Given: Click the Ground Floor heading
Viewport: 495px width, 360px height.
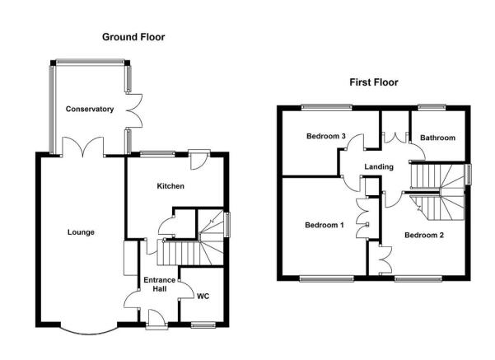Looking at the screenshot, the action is [x=133, y=37].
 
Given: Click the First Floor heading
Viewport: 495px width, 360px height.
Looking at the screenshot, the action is [x=374, y=82].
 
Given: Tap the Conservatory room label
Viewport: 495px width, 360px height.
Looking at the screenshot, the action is [x=90, y=110].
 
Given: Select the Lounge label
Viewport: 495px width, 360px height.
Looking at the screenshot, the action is [x=81, y=232].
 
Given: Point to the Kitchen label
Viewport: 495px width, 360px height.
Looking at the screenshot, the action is [x=170, y=186].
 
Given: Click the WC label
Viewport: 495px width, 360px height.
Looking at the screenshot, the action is [x=203, y=297].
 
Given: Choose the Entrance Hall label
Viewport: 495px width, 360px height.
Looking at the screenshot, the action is [x=160, y=284].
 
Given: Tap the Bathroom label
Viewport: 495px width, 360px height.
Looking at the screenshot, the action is [x=437, y=138].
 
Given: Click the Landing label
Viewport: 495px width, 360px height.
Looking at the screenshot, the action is [x=379, y=166].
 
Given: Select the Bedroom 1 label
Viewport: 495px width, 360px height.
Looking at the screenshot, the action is [x=325, y=225].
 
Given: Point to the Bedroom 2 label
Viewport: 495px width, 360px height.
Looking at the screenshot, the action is [x=424, y=235].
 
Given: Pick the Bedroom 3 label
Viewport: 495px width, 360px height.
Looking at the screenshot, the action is [x=326, y=136].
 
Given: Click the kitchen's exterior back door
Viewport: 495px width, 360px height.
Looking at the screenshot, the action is [x=198, y=160].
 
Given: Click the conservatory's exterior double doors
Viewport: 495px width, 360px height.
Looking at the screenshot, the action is [x=134, y=110].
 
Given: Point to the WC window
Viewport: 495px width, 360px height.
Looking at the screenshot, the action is [x=203, y=325].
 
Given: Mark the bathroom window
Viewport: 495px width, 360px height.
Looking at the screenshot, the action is [x=432, y=108].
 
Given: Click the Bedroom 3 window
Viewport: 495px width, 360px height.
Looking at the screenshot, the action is [x=326, y=108].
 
